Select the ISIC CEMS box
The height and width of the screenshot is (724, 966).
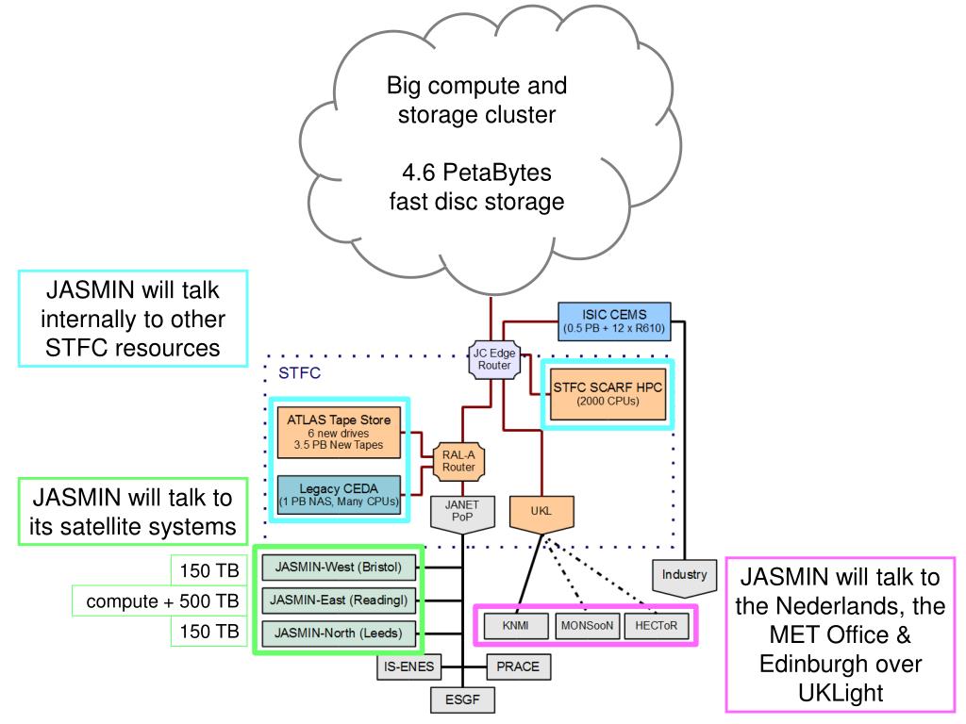coord(613,321)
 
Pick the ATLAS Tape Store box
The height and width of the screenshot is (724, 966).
coord(339,432)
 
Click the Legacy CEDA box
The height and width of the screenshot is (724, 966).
coord(339,493)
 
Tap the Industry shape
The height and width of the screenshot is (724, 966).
coord(684,574)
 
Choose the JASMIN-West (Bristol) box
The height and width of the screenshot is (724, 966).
coord(338,568)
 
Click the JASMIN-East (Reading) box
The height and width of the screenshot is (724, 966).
coord(338,600)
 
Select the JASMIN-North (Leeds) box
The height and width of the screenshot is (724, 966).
coord(338,632)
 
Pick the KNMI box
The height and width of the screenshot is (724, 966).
coord(515,625)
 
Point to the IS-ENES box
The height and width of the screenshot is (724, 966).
coord(405,666)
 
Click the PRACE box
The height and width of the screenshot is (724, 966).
coord(518,666)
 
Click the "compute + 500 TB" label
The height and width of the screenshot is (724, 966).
coord(158,601)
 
